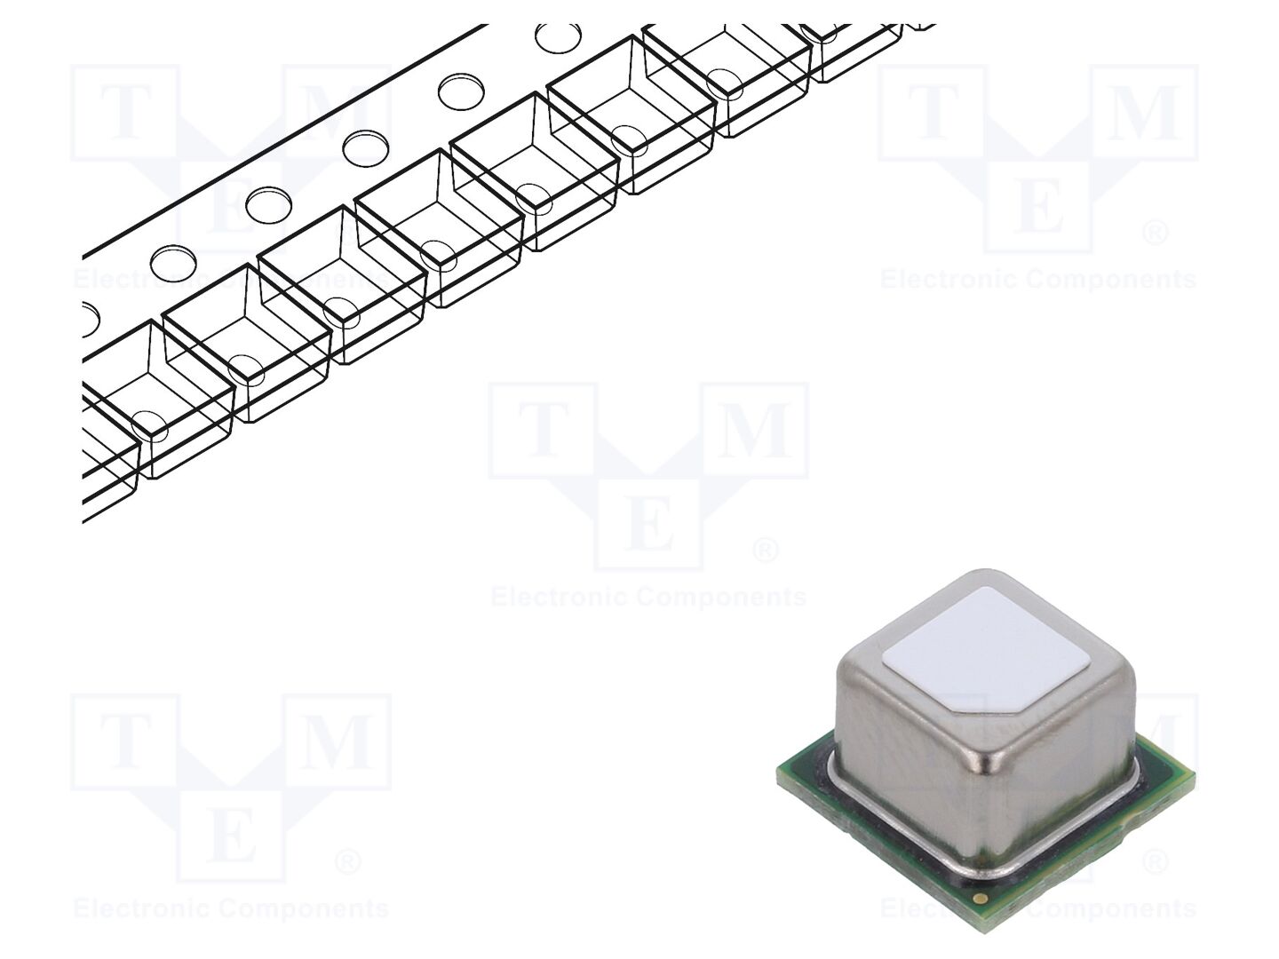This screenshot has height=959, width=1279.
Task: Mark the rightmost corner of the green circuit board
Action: pos(1195,773)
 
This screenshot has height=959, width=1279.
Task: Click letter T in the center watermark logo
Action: pos(544,430)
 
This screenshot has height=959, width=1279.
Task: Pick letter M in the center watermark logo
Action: pos(755,430)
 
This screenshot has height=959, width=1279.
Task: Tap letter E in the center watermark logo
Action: pos(648,523)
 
